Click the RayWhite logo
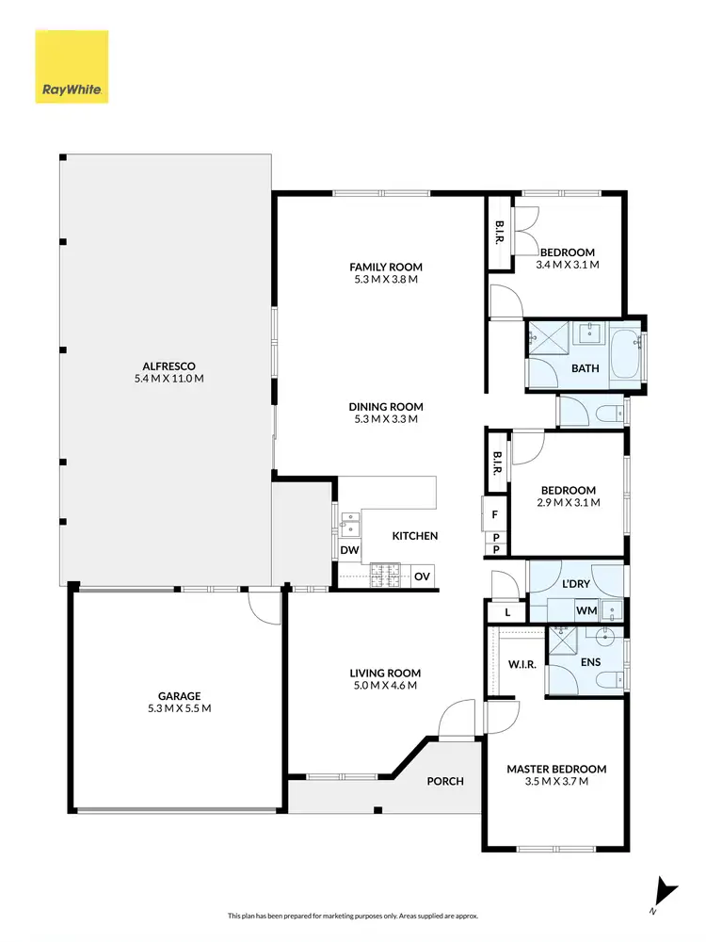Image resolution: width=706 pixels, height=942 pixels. pyautogui.click(x=72, y=67)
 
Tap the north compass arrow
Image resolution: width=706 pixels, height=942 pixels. pyautogui.click(x=666, y=891)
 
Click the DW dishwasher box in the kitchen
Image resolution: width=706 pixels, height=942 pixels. pyautogui.click(x=348, y=549)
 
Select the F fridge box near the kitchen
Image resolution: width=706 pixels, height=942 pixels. pyautogui.click(x=494, y=514)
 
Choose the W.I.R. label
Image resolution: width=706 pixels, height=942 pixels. pyautogui.click(x=521, y=665)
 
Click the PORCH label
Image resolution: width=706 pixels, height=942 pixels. pyautogui.click(x=444, y=781)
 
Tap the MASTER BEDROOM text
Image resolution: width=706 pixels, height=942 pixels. pyautogui.click(x=556, y=769)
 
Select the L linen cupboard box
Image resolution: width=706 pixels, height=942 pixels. pyautogui.click(x=507, y=612)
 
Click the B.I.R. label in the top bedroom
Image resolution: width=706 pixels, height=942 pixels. pyautogui.click(x=499, y=235)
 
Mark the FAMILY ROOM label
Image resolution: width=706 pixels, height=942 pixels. pyautogui.click(x=386, y=267)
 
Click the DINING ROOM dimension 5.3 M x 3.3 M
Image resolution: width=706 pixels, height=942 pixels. pyautogui.click(x=383, y=419)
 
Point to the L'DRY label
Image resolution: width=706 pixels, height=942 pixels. pyautogui.click(x=574, y=585)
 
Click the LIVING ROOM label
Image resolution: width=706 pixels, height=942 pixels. pyautogui.click(x=385, y=673)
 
